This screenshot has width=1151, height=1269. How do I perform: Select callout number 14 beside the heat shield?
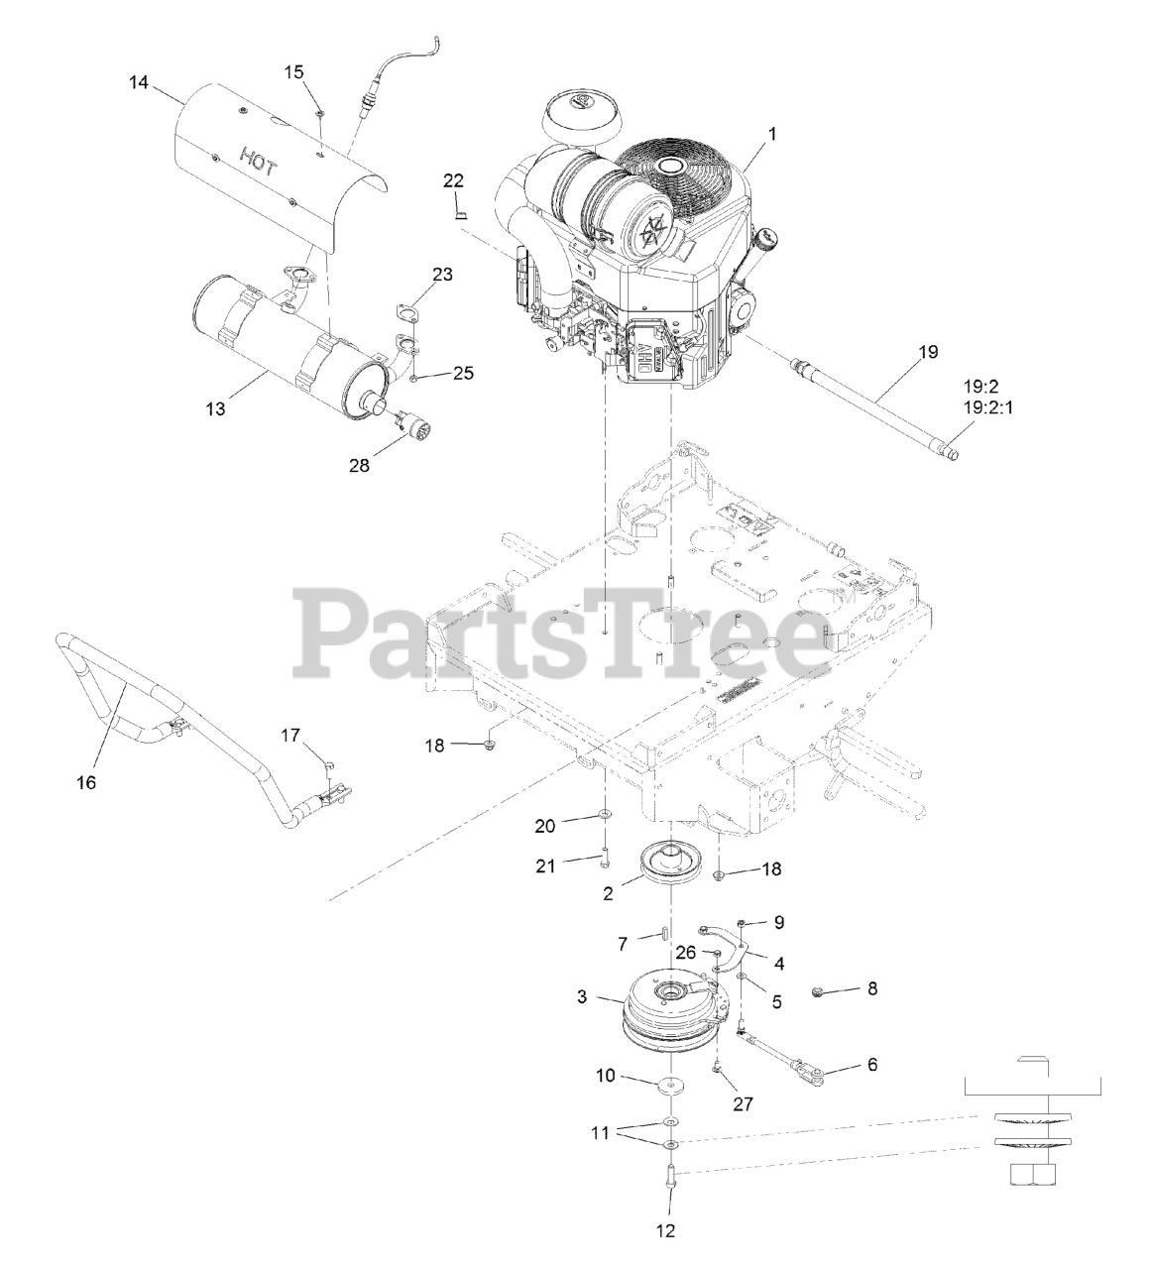[x=138, y=83]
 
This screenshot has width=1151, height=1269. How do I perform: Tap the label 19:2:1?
[x=993, y=406]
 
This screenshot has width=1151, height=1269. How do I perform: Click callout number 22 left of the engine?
[x=453, y=180]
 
